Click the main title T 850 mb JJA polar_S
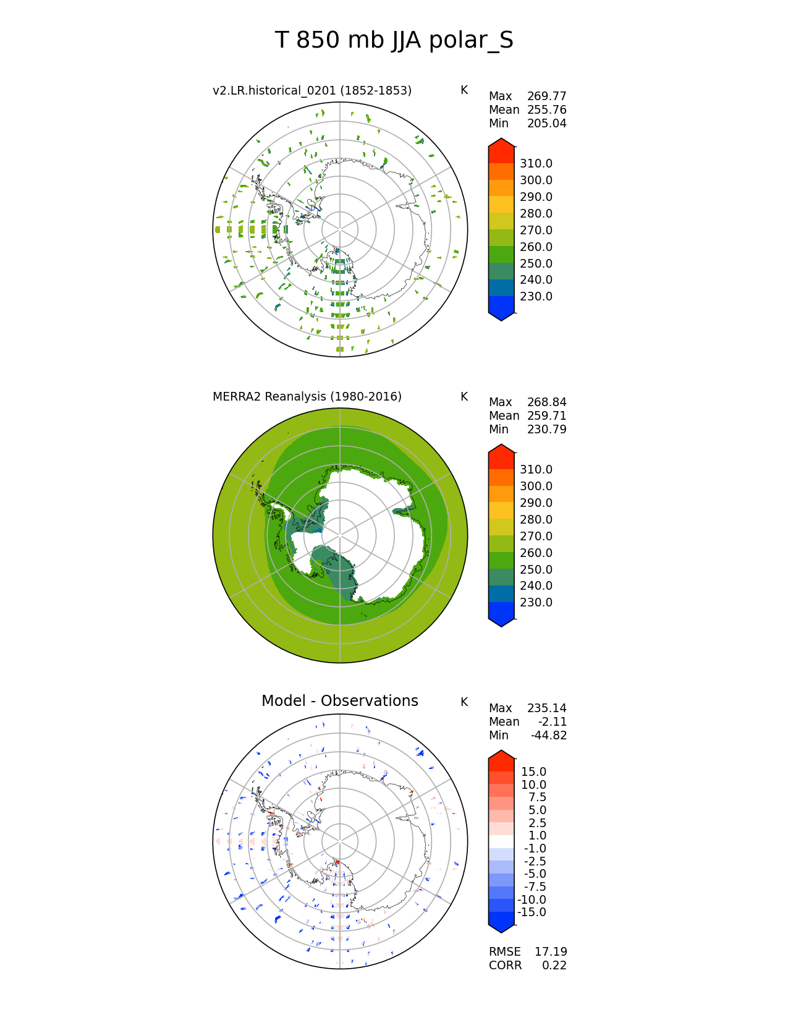(x=394, y=41)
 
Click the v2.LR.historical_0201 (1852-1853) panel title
(x=312, y=91)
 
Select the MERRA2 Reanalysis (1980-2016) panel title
(x=307, y=397)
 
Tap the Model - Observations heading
(x=339, y=701)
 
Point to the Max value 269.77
(x=546, y=96)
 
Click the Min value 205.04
(x=546, y=124)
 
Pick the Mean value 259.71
(x=546, y=416)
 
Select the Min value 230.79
(x=546, y=430)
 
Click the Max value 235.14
(x=546, y=708)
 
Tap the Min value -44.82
(x=548, y=736)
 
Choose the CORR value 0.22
(x=554, y=966)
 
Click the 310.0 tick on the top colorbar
(x=536, y=164)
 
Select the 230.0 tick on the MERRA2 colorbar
(x=536, y=603)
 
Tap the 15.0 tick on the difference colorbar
(x=533, y=772)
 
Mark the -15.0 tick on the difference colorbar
(x=532, y=912)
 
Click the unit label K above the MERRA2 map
(x=464, y=397)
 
